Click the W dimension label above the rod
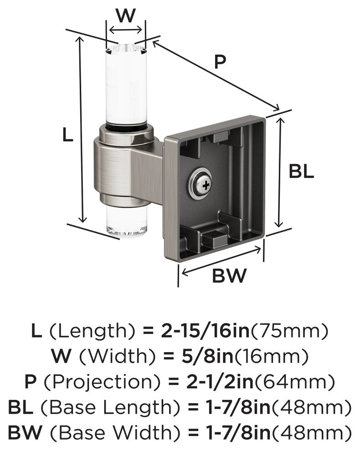[125, 16]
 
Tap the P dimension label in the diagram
[220, 62]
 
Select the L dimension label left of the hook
[67, 134]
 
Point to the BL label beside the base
[301, 171]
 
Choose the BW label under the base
[229, 276]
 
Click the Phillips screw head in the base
[206, 185]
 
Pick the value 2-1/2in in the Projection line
[220, 382]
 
